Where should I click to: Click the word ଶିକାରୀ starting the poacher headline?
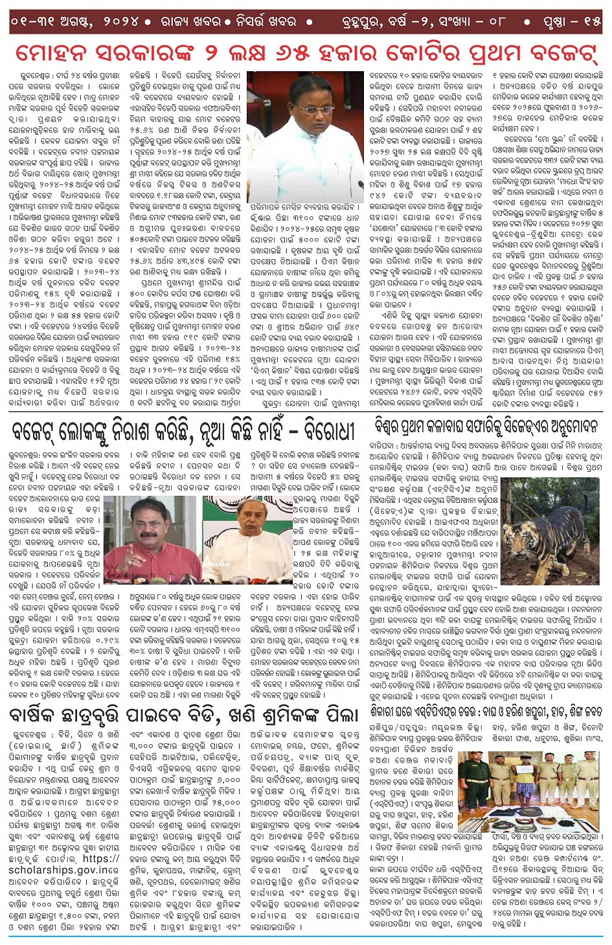pos(389,710)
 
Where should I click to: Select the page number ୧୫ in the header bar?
pos(590,21)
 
